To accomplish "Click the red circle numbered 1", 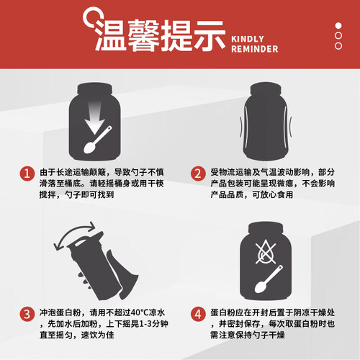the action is (x=27, y=174).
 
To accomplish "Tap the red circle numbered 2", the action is (x=198, y=174).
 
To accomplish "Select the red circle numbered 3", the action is (x=27, y=314).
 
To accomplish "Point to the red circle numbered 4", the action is (x=198, y=314).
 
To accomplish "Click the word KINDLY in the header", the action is (x=248, y=39).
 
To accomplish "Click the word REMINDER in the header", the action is (x=255, y=49).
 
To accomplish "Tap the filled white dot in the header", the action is (x=338, y=26).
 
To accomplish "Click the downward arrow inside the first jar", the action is (x=95, y=117).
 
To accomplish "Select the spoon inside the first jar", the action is (x=98, y=140).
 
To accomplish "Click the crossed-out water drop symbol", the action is (x=266, y=251).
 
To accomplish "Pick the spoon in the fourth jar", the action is (x=269, y=279).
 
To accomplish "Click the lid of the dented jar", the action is (x=266, y=89).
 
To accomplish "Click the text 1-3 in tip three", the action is (x=145, y=324).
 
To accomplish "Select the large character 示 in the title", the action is (x=210, y=35).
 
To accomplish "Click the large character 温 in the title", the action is (x=110, y=35).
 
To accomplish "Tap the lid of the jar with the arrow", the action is (x=95, y=89).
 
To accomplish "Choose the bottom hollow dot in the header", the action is (x=338, y=46).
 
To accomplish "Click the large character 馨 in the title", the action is (x=143, y=35).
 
